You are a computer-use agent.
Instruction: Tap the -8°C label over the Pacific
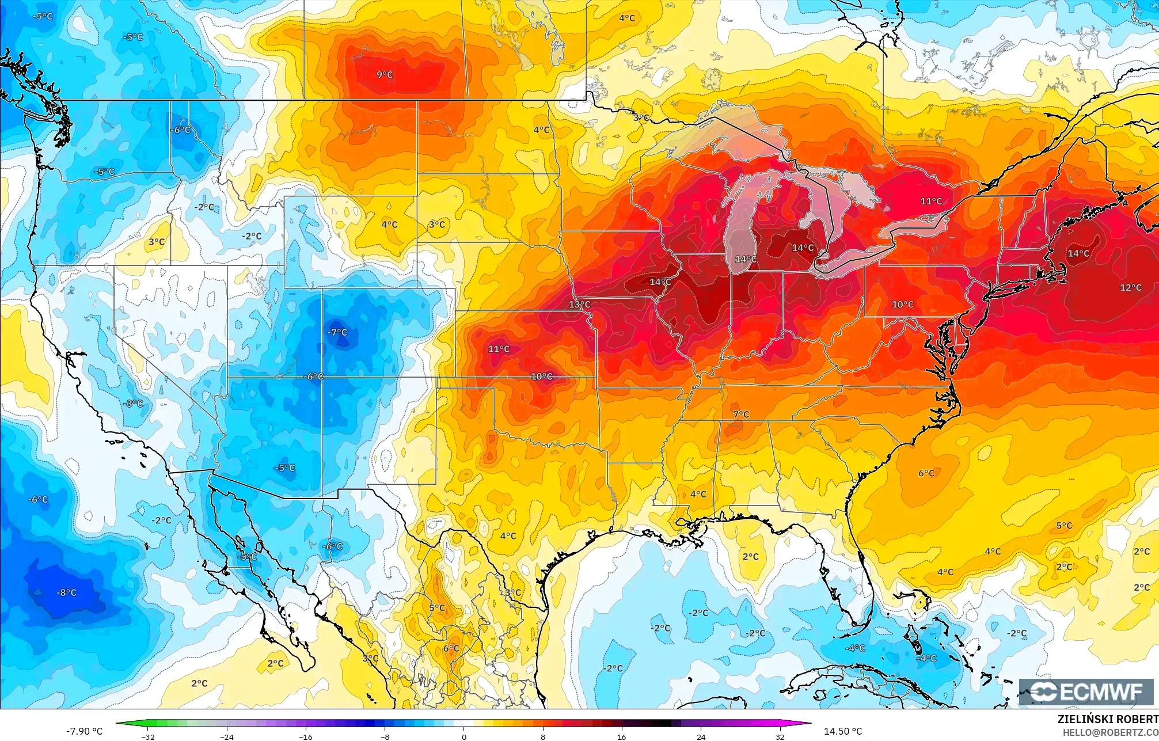[66, 592]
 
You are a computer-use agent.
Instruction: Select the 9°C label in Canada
[385, 75]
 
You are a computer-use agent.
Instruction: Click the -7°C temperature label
[337, 332]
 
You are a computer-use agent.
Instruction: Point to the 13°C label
[579, 305]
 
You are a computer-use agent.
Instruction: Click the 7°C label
[741, 415]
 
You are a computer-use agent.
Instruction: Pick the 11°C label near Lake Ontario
[931, 202]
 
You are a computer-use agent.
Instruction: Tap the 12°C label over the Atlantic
[1130, 288]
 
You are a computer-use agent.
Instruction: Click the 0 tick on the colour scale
[463, 736]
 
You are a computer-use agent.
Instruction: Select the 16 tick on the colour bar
[621, 736]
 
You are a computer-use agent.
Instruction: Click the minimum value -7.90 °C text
[84, 731]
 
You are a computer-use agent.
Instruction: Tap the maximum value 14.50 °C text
[843, 731]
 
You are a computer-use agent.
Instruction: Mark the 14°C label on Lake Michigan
[746, 260]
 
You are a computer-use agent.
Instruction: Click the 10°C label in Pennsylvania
[902, 305]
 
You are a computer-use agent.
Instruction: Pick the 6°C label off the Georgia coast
[926, 473]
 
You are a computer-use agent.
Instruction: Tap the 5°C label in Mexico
[437, 608]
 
